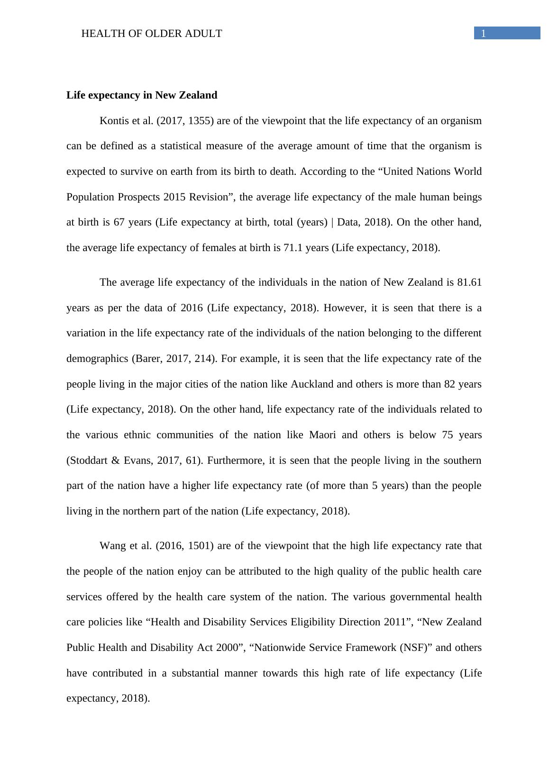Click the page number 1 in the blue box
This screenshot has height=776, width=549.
tap(484, 34)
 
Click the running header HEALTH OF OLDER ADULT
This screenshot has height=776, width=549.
tap(152, 34)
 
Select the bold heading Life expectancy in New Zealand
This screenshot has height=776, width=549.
tap(142, 95)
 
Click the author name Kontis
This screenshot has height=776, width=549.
tap(113, 121)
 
